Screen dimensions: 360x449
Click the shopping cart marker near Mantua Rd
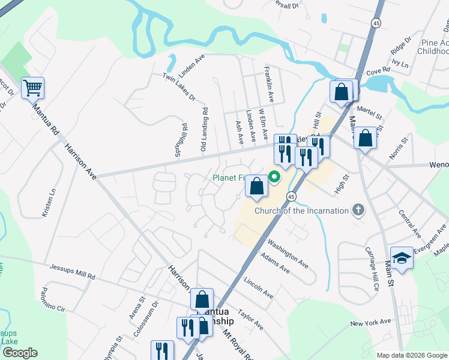(32, 88)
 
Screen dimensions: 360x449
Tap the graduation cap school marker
(402, 257)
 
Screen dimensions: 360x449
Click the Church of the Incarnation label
(302, 211)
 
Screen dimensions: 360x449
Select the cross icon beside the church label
(358, 210)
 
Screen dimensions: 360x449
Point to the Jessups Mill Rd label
(72, 271)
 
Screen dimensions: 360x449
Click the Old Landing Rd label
(205, 128)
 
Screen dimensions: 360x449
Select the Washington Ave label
(288, 254)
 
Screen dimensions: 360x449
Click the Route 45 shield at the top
(376, 23)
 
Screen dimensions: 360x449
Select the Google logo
(20, 353)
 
